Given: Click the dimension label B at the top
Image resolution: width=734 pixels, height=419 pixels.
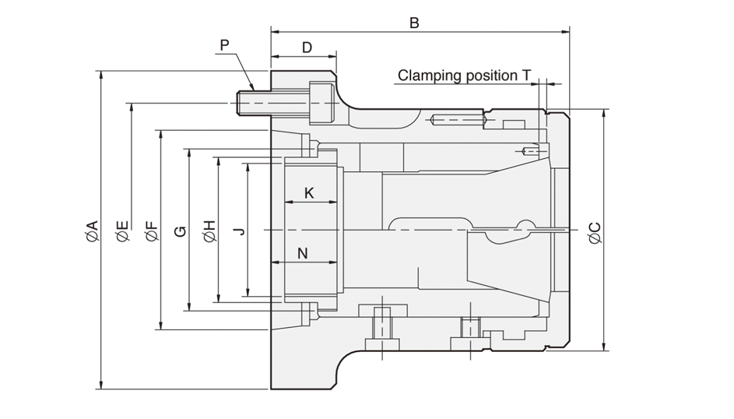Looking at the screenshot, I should click(414, 23).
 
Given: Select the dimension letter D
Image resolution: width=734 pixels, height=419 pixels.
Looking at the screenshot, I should click(307, 48).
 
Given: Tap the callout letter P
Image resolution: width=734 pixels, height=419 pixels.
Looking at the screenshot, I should click(224, 45).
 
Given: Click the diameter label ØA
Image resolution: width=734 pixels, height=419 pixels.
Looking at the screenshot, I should click(92, 231).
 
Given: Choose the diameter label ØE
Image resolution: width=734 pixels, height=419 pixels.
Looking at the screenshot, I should click(122, 231).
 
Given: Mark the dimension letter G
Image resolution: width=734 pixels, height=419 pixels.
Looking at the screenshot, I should click(180, 231).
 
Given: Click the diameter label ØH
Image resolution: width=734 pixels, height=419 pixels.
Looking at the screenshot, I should click(209, 231).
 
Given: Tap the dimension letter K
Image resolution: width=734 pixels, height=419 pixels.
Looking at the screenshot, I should click(309, 192).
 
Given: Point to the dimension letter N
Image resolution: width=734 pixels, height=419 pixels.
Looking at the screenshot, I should click(303, 253).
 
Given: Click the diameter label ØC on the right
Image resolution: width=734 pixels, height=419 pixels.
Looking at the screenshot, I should click(594, 231).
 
